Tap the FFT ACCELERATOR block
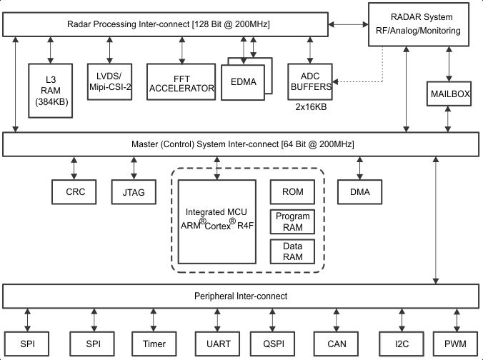tap(181, 83)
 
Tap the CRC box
tap(74, 191)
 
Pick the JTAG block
tap(133, 191)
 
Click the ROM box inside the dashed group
tap(292, 191)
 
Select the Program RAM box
tap(292, 221)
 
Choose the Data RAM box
tap(292, 251)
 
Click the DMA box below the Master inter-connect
tap(360, 191)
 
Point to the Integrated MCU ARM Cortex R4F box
tap(216, 221)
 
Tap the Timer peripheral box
tap(154, 344)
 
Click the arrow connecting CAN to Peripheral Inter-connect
tap(337, 319)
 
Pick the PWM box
tap(455, 344)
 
